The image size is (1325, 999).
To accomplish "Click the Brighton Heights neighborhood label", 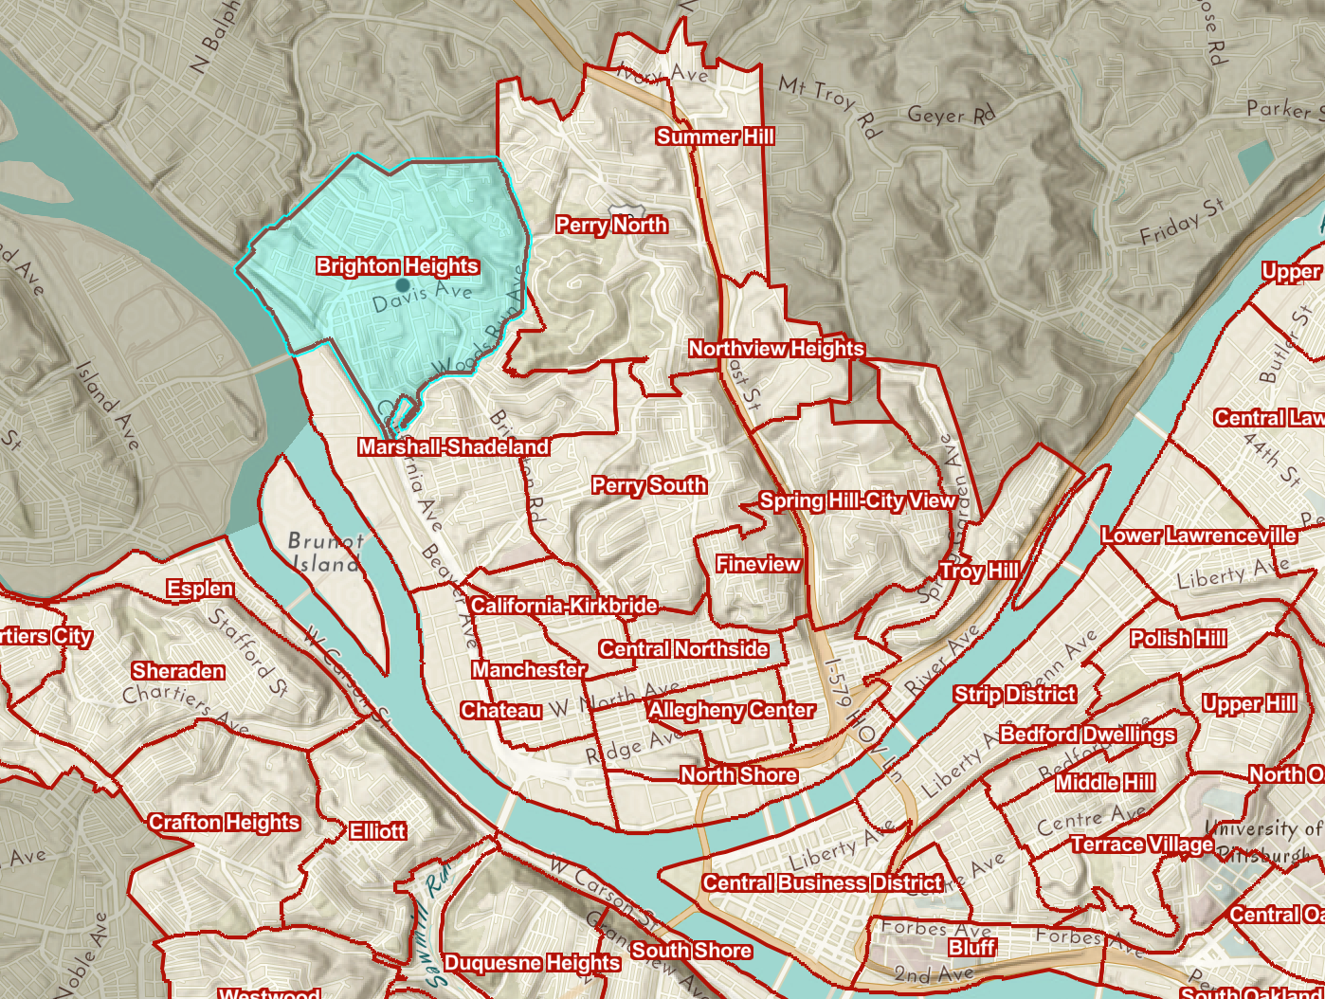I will coord(397,266).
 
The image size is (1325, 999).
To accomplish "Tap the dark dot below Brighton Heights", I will coord(403,284).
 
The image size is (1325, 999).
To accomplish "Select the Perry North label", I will coord(611,226).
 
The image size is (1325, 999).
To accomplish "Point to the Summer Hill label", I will coord(715,137).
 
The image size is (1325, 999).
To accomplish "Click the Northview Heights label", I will coord(776,349).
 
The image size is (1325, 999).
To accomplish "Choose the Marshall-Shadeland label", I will coord(453,447).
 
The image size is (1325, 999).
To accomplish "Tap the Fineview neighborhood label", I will coord(758,565).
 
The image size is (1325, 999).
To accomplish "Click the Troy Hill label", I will coord(979,571).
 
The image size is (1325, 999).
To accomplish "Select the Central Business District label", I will coord(822,883).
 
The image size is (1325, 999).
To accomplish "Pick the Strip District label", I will coord(1014,695).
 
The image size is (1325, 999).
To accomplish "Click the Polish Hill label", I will coord(1178,640).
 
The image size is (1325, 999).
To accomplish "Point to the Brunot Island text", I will coord(325,552).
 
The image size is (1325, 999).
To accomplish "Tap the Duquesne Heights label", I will coord(532,964).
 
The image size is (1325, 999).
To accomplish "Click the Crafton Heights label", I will coord(224,823).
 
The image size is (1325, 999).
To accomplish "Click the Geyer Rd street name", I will coord(951,116).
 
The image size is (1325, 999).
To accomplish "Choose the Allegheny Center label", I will coord(731,711).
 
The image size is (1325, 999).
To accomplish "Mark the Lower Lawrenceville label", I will coord(1198,536).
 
